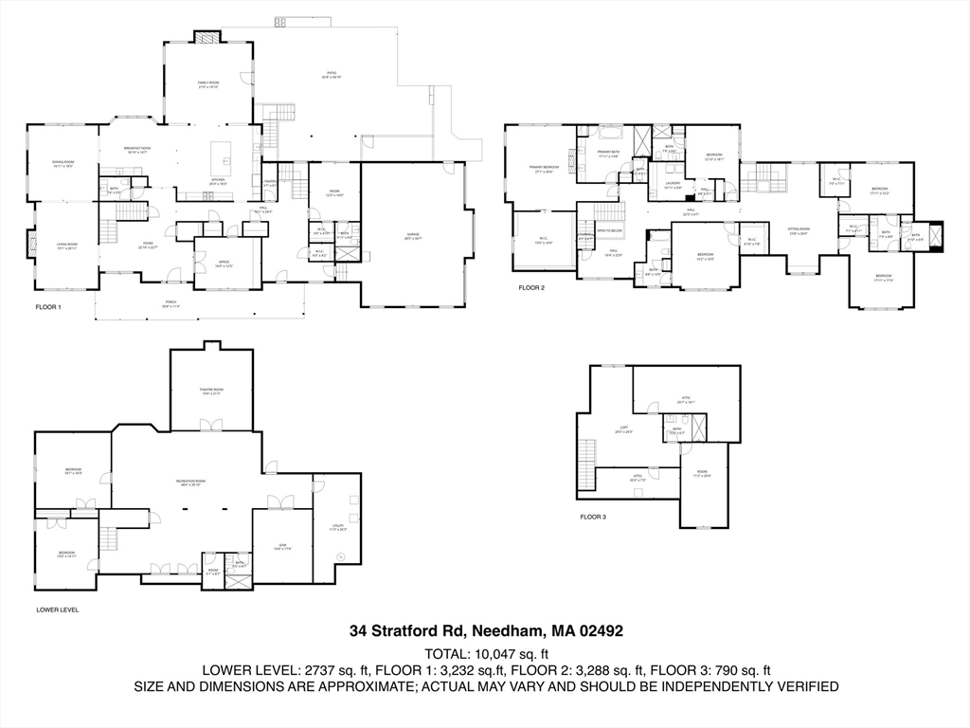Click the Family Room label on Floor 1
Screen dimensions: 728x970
208,85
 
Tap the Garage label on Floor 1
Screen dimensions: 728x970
412,236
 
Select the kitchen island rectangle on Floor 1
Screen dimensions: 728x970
221,151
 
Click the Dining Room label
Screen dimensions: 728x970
63,164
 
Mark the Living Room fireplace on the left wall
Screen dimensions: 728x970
29,247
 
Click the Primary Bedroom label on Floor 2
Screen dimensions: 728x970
544,169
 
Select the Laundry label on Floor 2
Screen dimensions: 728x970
674,185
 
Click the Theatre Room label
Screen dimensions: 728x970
211,391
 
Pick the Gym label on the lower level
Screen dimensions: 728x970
282,545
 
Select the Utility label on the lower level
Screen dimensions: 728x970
337,527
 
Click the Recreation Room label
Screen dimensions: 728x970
187,483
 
